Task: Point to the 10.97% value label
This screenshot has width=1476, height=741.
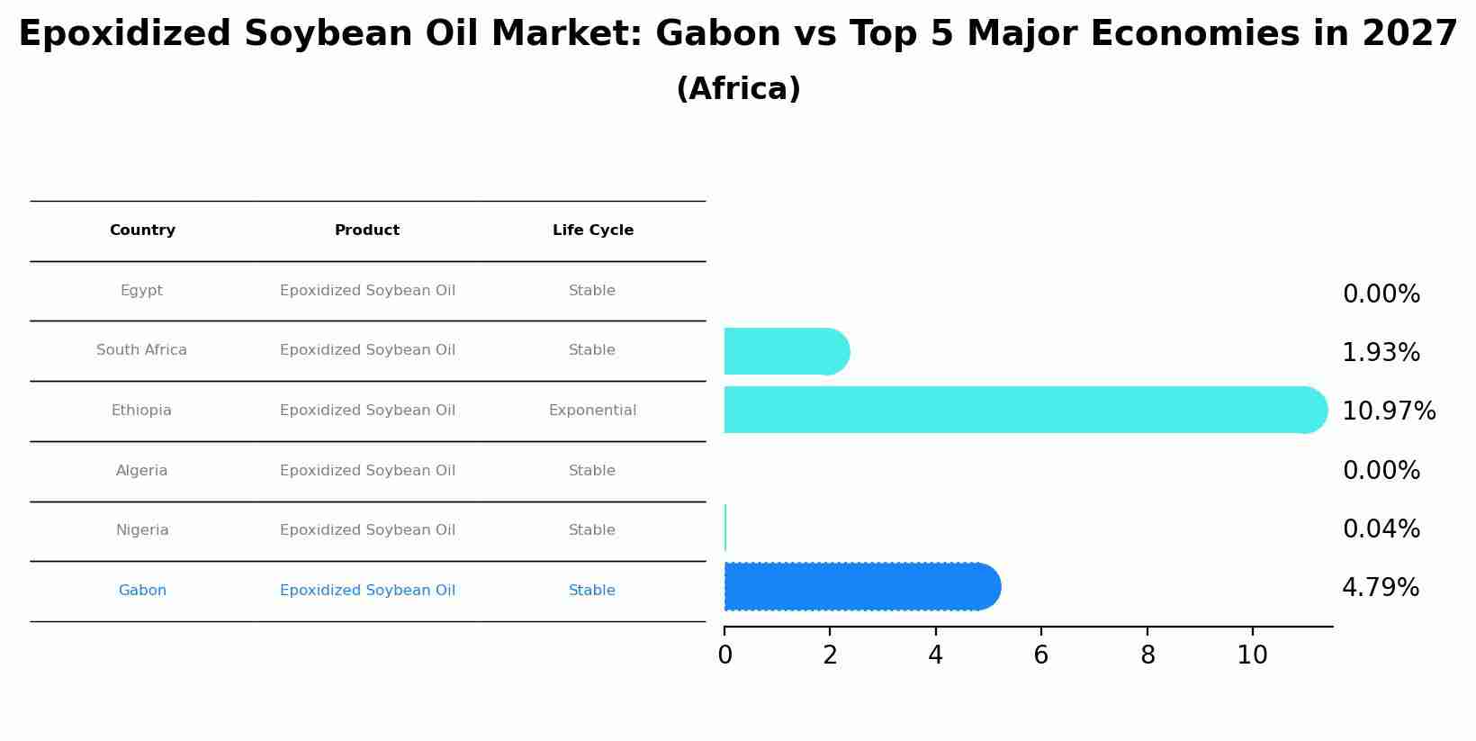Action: click(x=1388, y=411)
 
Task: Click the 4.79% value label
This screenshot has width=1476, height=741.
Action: click(x=1380, y=588)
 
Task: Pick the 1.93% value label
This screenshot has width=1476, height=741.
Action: click(x=1381, y=353)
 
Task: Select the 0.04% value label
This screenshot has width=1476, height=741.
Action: click(x=1381, y=529)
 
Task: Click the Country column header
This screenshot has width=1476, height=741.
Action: click(x=142, y=230)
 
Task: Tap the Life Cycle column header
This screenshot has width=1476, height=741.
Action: click(x=592, y=230)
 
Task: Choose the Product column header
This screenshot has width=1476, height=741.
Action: click(x=367, y=230)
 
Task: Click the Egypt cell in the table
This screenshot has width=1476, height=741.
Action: click(x=141, y=291)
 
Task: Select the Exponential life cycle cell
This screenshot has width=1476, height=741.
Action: click(x=592, y=411)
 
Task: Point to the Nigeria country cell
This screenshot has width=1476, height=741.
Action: click(x=142, y=530)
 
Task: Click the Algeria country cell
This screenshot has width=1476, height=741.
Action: click(x=141, y=471)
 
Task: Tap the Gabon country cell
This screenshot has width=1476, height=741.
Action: click(x=142, y=591)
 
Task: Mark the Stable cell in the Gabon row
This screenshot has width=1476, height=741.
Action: click(x=592, y=591)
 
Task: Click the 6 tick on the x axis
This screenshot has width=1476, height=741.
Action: click(x=1041, y=655)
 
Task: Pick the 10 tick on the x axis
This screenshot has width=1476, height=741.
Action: click(x=1252, y=655)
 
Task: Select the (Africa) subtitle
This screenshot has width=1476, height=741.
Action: click(x=738, y=89)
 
